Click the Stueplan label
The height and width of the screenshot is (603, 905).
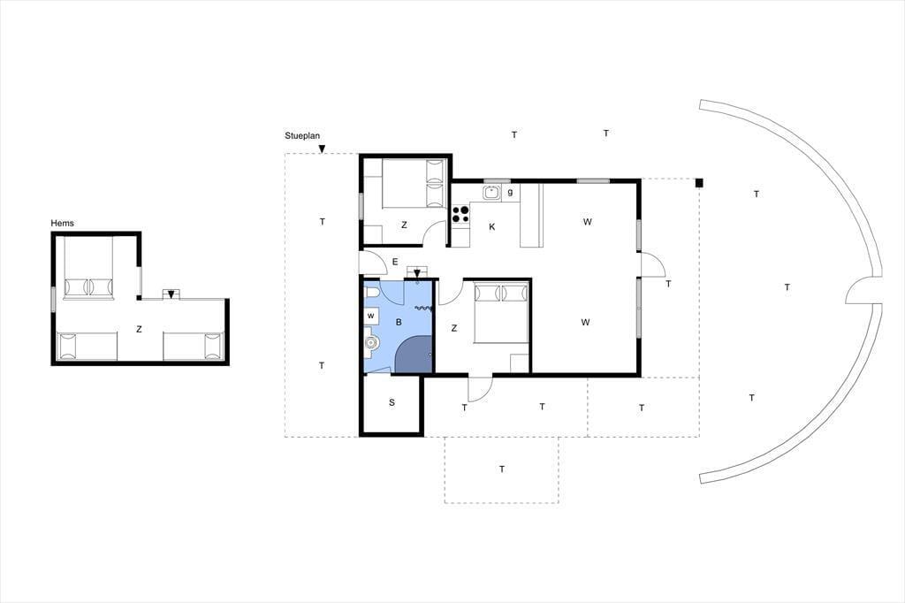point(302,136)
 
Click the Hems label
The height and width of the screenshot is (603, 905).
point(63,224)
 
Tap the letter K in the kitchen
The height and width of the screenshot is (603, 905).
point(491,227)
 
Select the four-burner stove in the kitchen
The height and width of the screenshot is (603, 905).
point(460,214)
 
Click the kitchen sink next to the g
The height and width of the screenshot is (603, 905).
point(491,193)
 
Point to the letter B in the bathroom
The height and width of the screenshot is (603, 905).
point(399,323)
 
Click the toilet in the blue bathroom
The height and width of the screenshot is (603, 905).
point(372,293)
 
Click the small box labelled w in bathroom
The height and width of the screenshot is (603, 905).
point(371,316)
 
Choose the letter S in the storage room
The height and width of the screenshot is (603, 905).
point(392,402)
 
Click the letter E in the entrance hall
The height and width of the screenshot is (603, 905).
point(395,263)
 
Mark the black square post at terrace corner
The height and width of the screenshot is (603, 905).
point(699,183)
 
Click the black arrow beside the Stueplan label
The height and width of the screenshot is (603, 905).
point(322,149)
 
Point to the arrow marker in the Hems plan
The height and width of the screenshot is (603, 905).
point(171,295)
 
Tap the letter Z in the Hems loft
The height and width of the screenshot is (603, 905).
point(139,329)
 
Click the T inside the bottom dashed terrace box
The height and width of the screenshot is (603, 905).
point(502,469)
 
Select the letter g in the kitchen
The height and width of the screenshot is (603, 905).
point(510,193)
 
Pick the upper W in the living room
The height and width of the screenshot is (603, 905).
point(587,222)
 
